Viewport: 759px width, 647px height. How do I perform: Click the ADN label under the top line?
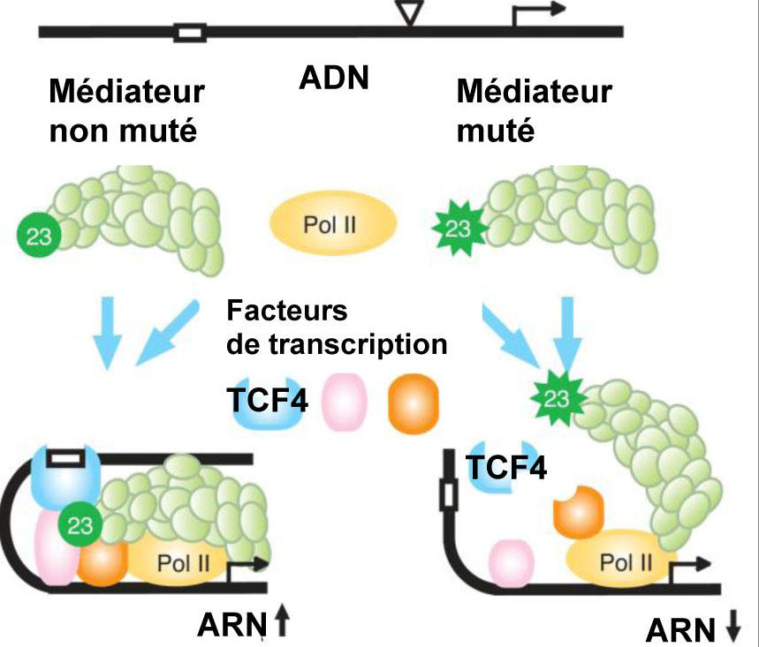(x=332, y=79)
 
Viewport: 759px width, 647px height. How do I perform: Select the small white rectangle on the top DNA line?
(x=190, y=34)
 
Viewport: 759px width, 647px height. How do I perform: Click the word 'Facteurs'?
(x=286, y=312)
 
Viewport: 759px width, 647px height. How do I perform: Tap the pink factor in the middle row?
(x=343, y=404)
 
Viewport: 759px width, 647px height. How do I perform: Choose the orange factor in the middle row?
(x=413, y=404)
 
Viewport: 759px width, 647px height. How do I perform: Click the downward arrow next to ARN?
(x=732, y=628)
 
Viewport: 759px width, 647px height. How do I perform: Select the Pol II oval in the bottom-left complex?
(x=183, y=561)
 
